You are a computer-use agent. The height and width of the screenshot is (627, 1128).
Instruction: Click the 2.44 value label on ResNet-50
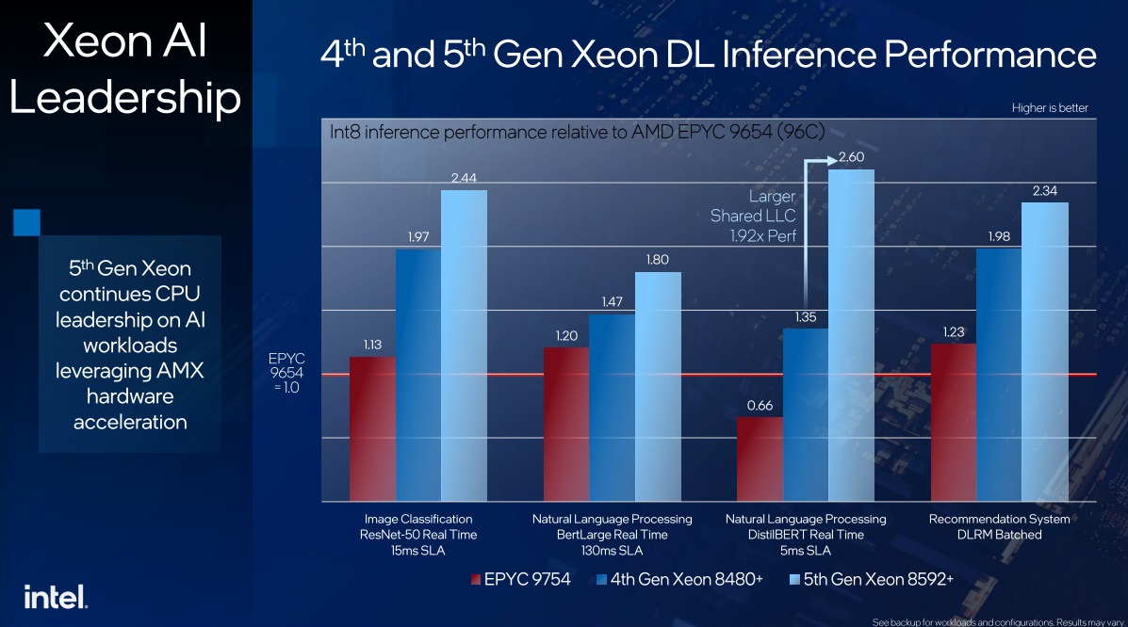(464, 177)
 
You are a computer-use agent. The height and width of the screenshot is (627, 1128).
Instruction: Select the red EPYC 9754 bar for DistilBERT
(760, 458)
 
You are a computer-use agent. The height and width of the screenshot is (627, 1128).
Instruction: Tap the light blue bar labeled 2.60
(851, 334)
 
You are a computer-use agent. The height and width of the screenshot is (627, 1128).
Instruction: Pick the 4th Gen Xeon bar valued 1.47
(612, 407)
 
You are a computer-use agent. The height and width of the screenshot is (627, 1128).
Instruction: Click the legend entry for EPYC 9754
(520, 580)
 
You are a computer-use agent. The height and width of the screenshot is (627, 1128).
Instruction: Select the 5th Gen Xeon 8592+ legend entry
(874, 580)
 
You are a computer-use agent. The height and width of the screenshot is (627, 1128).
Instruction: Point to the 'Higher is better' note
(1050, 108)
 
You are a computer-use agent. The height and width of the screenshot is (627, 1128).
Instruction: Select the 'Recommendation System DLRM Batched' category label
(999, 526)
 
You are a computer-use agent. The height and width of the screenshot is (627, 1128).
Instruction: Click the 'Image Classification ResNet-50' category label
(417, 534)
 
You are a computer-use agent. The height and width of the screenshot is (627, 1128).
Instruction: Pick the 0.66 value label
(760, 405)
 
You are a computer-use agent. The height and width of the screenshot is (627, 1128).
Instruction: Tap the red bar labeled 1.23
(953, 422)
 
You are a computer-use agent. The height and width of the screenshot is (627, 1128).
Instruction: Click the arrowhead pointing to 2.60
(829, 160)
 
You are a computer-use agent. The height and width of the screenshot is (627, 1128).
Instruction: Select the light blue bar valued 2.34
(1044, 351)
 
